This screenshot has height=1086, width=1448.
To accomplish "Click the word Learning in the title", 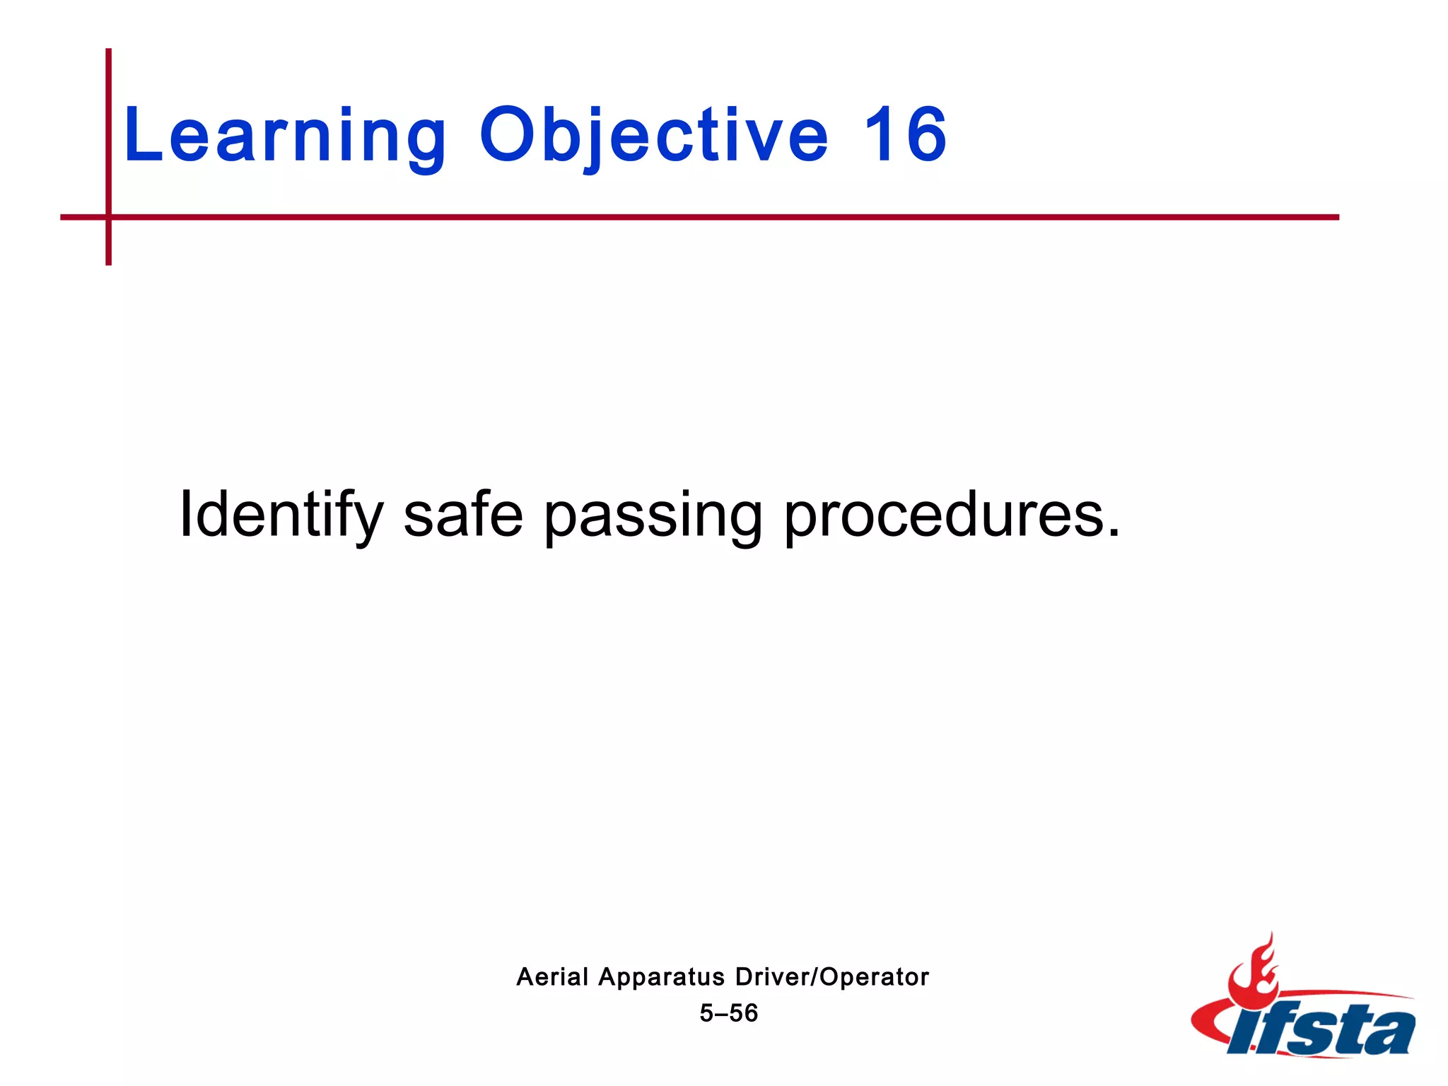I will coord(285,136).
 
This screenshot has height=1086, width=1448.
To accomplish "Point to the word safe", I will coord(463,515).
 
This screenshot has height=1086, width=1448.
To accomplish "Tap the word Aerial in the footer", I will coord(552,977).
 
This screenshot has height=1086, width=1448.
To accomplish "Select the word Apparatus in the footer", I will coord(661,978).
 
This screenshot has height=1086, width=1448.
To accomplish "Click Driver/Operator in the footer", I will coord(832,977).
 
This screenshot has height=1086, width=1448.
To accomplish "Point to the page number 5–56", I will coord(728,1013).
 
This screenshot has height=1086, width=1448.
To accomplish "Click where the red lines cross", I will coord(109,217).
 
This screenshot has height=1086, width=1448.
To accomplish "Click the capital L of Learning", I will coord(138,136).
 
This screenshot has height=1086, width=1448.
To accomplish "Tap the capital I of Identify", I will coord(185,515).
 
